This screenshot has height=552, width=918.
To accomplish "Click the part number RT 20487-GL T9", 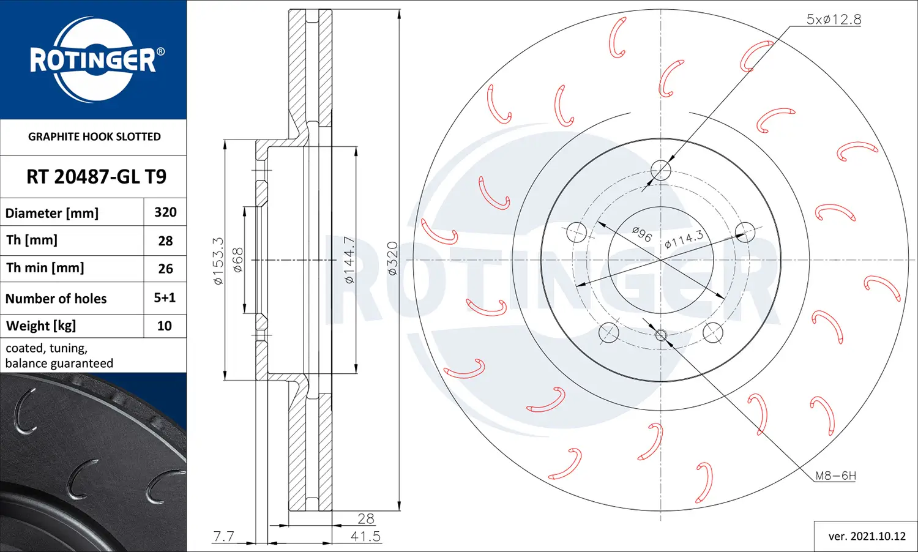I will coord(96,177).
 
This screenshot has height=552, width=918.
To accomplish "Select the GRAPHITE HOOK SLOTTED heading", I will coord(94,136).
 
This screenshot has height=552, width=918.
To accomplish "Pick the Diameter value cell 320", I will coord(165,212).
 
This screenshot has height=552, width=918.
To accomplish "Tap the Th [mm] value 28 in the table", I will coord(165,241).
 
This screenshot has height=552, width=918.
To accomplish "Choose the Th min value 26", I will coord(165,269).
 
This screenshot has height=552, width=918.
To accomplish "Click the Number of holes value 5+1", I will coord(165,298).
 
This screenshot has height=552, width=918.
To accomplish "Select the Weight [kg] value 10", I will coord(165,326).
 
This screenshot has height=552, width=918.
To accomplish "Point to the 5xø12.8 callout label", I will coord(834,20).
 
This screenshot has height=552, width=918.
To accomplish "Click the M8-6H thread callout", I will coord(835,476).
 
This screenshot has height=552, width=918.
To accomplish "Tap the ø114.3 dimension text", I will coord(684,239).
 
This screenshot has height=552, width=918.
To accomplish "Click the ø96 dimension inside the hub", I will coord(642,234).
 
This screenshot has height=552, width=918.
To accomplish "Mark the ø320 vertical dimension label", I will coord(392,259).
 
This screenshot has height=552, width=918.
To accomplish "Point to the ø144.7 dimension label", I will coord(349,260).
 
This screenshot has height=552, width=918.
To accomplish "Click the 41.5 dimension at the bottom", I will coord(365,537).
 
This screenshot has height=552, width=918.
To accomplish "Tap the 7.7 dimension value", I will coord(223,537).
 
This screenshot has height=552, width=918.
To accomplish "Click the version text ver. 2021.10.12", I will coord(867,537).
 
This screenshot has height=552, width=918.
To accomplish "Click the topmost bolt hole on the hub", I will coord(661,170).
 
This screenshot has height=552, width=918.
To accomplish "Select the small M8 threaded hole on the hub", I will coord(661,335).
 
